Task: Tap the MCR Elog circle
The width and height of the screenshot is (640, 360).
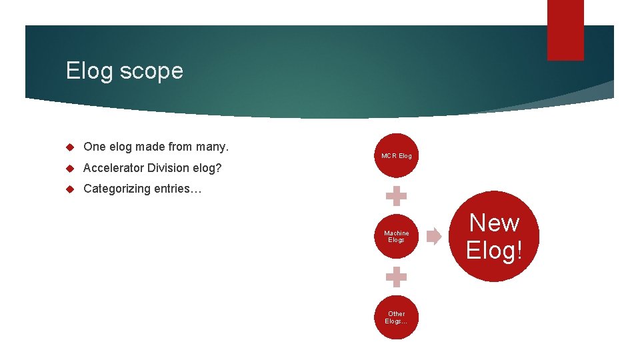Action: click(396, 155)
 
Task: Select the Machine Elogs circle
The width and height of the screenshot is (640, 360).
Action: click(396, 237)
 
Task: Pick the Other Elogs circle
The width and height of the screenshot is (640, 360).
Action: click(396, 317)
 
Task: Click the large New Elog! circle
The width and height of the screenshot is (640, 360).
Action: click(494, 236)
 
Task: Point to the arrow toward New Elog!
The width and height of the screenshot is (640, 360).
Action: click(434, 236)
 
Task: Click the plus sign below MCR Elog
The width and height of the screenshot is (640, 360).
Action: click(396, 197)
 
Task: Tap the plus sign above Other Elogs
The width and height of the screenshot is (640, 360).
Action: click(396, 277)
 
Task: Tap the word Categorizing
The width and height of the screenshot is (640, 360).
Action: click(117, 189)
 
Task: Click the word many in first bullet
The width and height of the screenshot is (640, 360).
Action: click(213, 147)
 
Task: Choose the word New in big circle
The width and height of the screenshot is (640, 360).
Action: click(494, 223)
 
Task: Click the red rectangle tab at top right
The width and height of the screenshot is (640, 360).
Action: click(565, 30)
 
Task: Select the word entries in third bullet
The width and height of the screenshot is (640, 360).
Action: click(177, 189)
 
